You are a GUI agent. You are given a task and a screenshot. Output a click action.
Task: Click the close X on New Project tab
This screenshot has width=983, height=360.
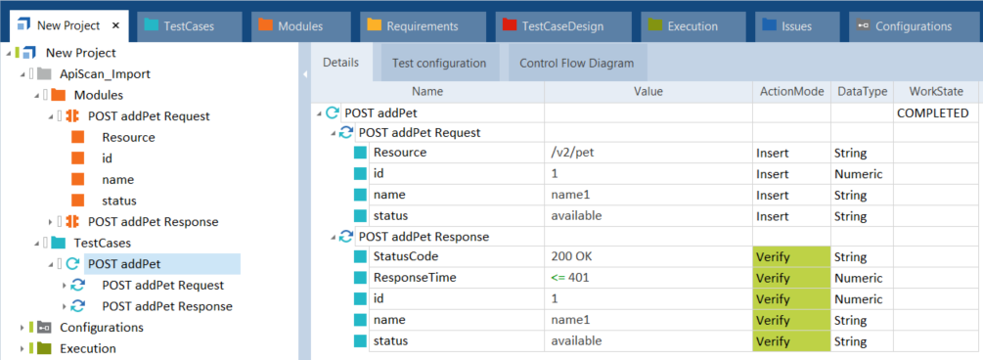pos(115,25)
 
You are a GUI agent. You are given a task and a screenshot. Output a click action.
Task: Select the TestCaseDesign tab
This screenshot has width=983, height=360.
pos(555,26)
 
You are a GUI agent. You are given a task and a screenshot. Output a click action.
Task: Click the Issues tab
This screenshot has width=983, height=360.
pos(797,26)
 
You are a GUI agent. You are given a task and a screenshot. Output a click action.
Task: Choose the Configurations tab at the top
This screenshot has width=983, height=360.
pos(913,26)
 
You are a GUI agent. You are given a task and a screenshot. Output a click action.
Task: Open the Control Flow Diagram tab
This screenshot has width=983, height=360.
pos(577,63)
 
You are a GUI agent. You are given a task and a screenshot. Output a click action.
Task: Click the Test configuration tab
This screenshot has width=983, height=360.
pos(439,63)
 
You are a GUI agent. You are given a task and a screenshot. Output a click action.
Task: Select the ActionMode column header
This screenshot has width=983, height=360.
pos(792,92)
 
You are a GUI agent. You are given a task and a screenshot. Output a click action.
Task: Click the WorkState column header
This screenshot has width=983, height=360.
pos(936,92)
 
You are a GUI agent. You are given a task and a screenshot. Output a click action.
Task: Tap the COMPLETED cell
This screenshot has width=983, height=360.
pos(933,113)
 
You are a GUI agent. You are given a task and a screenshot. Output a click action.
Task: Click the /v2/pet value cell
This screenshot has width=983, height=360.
pos(648,153)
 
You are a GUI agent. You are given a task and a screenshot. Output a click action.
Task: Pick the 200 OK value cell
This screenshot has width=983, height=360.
pos(648,256)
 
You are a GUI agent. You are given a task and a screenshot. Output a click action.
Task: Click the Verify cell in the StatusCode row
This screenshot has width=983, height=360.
pos(792,256)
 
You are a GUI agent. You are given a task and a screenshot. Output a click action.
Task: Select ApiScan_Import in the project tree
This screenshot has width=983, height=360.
pos(105,74)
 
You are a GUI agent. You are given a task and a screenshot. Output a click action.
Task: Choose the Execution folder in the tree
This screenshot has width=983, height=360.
pos(88,348)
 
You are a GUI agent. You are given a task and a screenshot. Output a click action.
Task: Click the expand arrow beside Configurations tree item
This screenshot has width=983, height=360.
pos(22,328)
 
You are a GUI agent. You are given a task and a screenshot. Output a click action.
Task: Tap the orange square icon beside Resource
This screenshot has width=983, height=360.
pos(77,137)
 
